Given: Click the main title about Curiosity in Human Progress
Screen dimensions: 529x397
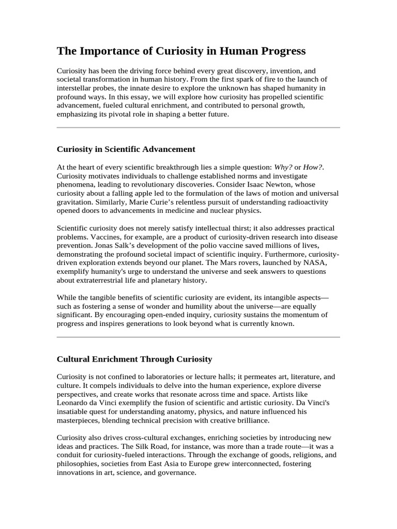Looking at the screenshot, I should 181,51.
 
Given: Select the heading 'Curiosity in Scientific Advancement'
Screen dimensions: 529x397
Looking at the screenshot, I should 126,149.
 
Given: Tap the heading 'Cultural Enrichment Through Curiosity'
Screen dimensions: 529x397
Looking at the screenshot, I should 134,359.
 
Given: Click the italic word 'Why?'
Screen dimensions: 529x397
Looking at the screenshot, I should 283,167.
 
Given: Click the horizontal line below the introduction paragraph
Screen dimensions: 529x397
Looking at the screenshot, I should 198,127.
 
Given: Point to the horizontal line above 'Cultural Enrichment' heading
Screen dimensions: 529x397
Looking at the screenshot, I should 198,337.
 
